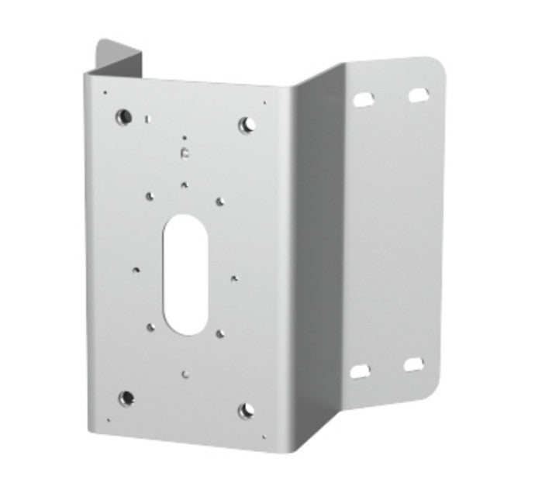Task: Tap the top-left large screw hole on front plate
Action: [123, 117]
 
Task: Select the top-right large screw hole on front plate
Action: [247, 123]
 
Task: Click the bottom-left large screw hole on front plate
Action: [126, 398]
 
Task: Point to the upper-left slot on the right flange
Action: [362, 99]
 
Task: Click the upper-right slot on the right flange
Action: [419, 94]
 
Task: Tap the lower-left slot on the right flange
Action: [361, 372]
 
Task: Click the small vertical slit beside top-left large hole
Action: [147, 119]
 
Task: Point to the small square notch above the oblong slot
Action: [184, 153]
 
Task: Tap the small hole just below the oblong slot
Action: [184, 373]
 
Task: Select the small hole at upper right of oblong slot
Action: [220, 202]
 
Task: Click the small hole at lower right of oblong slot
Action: [220, 333]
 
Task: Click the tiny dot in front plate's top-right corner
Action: [264, 102]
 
